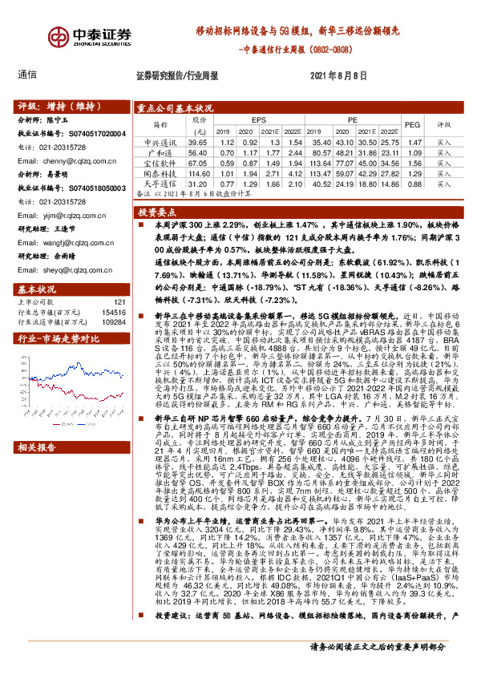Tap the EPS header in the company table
pyautogui.click(x=257, y=119)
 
